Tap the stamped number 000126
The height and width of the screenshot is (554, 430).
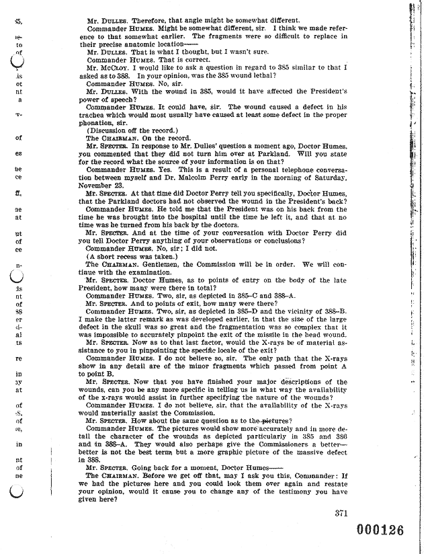(372, 530)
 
